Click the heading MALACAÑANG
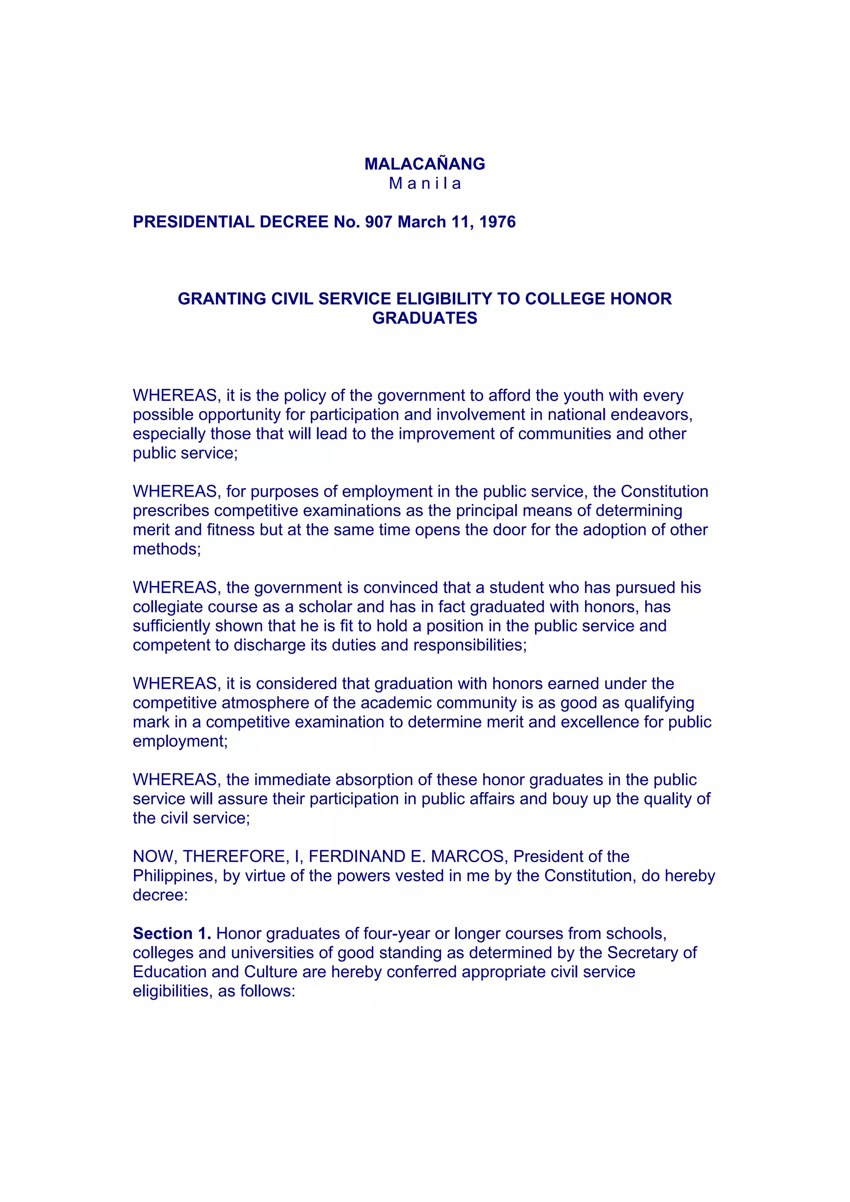click(425, 164)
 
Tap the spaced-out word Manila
click(425, 184)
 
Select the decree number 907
click(378, 222)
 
